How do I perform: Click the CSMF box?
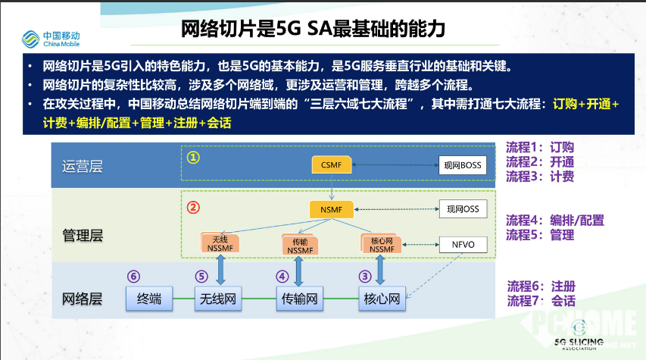point(332,164)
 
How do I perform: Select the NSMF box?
point(332,209)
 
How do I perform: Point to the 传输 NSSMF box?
point(300,244)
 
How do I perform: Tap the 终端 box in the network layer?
point(148,299)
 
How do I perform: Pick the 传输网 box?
point(300,299)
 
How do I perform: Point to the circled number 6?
point(134,276)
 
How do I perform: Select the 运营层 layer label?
point(82,167)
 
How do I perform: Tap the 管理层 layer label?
point(82,236)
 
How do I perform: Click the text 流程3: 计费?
point(540,177)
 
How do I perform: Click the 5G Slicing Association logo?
point(581,339)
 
